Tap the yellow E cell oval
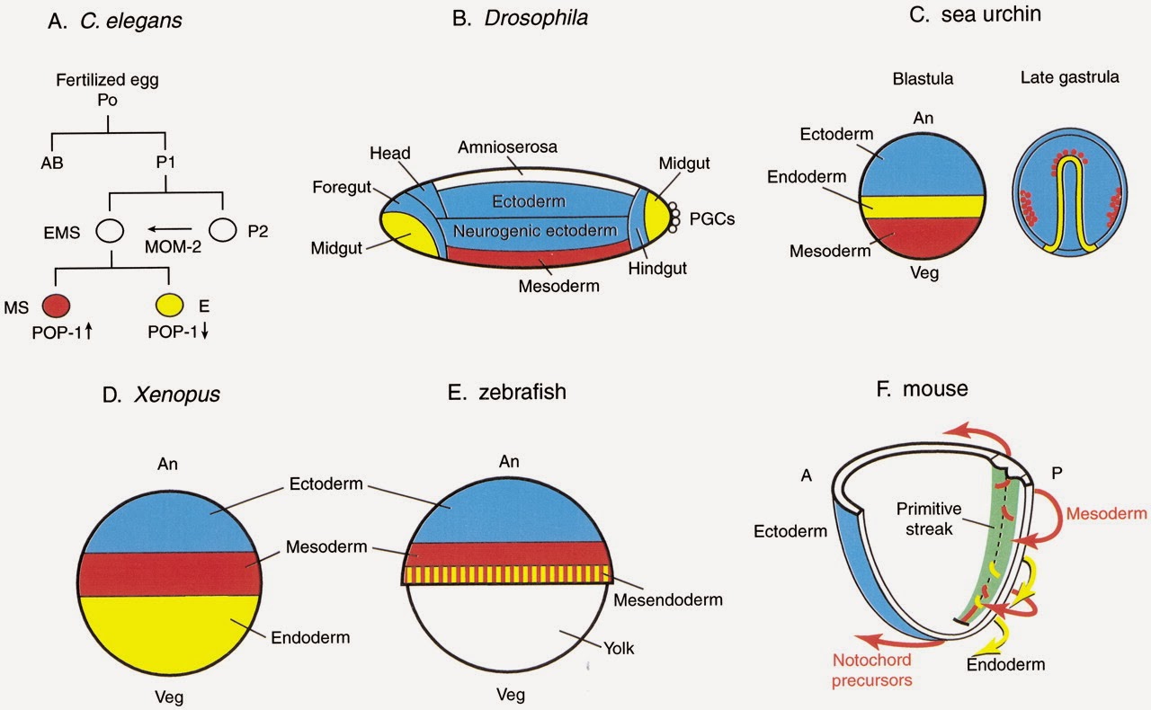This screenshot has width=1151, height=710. (169, 304)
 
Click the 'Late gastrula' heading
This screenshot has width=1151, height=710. (1069, 77)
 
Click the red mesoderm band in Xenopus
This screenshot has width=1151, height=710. (171, 574)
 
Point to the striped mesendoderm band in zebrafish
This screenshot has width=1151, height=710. (508, 574)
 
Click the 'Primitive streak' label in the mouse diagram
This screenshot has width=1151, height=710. (929, 517)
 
